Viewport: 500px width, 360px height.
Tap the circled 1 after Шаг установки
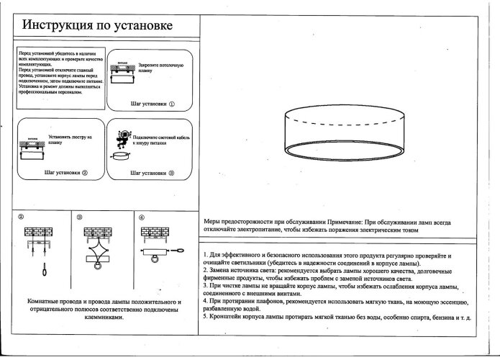coord(173,104)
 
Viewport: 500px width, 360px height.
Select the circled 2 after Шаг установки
coord(85,174)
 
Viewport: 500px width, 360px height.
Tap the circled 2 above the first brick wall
coord(21,216)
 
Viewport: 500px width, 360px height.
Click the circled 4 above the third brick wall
coord(142,216)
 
